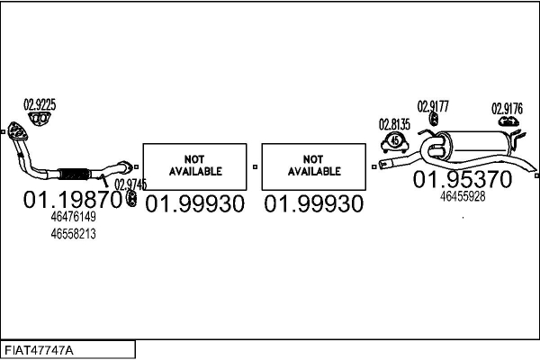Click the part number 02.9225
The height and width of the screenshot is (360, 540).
pyautogui.click(x=40, y=104)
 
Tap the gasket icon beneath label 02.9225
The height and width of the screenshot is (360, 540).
pyautogui.click(x=40, y=119)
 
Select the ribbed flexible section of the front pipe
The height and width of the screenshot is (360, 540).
pyautogui.click(x=74, y=174)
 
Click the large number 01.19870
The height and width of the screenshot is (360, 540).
pyautogui.click(x=73, y=200)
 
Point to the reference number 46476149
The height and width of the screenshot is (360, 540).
pyautogui.click(x=74, y=217)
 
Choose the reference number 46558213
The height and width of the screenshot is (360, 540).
pyautogui.click(x=74, y=234)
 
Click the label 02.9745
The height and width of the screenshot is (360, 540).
pyautogui.click(x=130, y=184)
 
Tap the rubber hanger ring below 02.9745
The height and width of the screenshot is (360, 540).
pyautogui.click(x=131, y=199)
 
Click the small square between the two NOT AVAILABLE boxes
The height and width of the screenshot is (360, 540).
pyautogui.click(x=255, y=166)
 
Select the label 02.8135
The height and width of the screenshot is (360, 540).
pyautogui.click(x=395, y=124)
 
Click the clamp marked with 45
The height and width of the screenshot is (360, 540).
pyautogui.click(x=395, y=143)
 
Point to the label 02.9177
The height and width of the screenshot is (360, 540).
pyautogui.click(x=433, y=106)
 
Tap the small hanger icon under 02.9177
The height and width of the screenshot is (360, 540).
pyautogui.click(x=434, y=119)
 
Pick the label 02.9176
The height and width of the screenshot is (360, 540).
pyautogui.click(x=507, y=109)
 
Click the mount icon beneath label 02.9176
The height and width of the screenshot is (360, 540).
pyautogui.click(x=508, y=121)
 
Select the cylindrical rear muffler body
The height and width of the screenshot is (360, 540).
pyautogui.click(x=477, y=146)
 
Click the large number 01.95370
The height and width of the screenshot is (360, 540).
pyautogui.click(x=463, y=179)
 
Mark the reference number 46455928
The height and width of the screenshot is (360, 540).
pyautogui.click(x=463, y=196)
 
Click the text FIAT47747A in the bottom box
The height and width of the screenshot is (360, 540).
pyautogui.click(x=39, y=350)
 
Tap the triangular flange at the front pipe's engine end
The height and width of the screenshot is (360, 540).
pyautogui.click(x=16, y=131)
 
